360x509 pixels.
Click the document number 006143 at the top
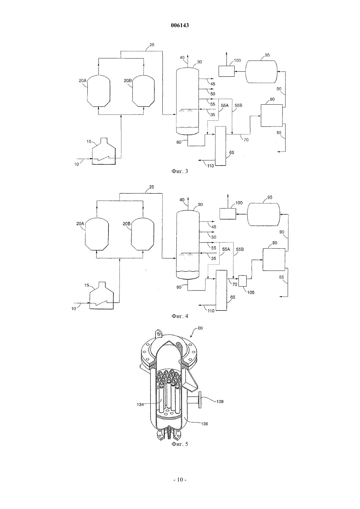(180, 25)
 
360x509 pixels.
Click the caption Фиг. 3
(180, 171)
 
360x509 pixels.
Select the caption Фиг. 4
(180, 316)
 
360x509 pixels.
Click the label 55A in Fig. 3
(225, 106)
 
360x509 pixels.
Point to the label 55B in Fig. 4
(240, 249)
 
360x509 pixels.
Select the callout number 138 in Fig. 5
(220, 401)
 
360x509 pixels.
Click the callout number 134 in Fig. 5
(140, 404)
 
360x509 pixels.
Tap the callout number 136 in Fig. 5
(205, 424)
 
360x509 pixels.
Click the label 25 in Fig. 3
(152, 45)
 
